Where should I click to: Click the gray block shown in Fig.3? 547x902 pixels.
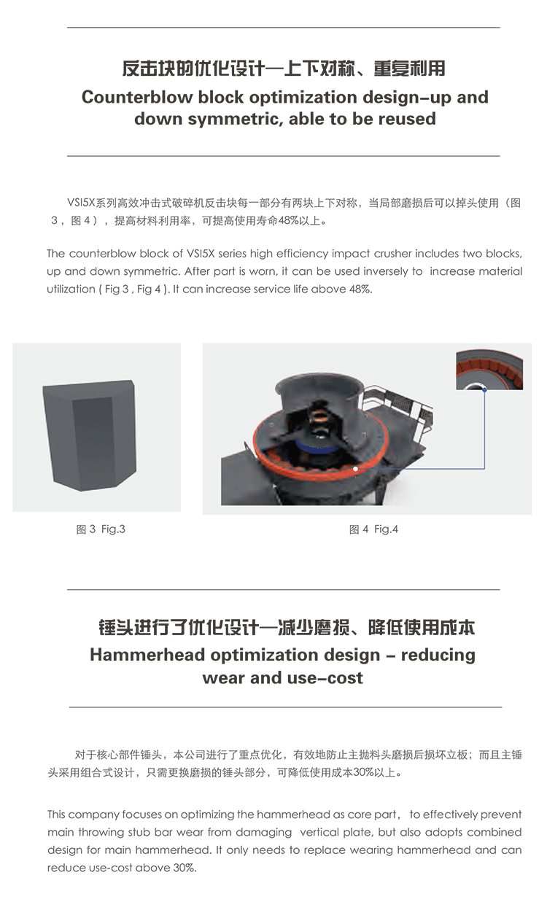point(90,435)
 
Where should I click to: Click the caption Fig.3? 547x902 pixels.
point(113,529)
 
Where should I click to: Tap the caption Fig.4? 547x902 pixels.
point(386,529)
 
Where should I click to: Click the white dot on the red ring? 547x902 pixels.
point(355,469)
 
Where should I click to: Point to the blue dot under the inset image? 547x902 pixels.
point(484,390)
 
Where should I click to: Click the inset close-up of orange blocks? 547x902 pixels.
point(489,370)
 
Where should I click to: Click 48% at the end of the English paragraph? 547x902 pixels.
point(360,289)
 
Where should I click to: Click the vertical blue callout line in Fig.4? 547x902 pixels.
point(484,429)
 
